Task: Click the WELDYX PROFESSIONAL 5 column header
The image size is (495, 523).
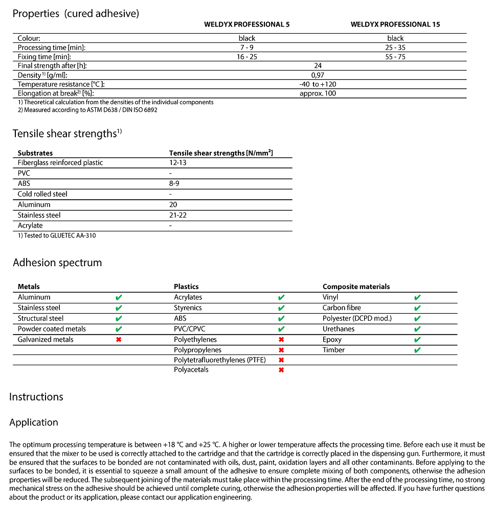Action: (x=246, y=25)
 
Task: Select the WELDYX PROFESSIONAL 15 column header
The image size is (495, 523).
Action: (x=395, y=25)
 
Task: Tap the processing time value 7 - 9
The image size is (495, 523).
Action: (x=246, y=47)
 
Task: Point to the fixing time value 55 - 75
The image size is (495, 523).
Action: (x=395, y=57)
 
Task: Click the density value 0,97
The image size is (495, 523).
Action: (x=318, y=75)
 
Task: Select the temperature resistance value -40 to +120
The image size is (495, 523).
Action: (x=318, y=84)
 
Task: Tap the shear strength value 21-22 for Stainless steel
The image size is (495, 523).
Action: (x=177, y=215)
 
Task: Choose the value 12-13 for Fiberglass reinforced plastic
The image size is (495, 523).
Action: (x=177, y=162)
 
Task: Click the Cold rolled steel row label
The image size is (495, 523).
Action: (x=42, y=194)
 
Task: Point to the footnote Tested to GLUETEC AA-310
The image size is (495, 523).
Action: (x=57, y=235)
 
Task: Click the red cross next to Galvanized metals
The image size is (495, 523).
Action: (x=119, y=340)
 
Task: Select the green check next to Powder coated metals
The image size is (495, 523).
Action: (x=119, y=329)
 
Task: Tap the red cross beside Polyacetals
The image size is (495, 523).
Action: (x=281, y=370)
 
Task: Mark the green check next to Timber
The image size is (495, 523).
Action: (x=417, y=350)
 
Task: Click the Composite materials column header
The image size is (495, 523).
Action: (x=356, y=287)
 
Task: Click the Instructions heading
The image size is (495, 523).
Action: (x=36, y=397)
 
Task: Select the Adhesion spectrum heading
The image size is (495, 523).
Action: (x=57, y=263)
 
